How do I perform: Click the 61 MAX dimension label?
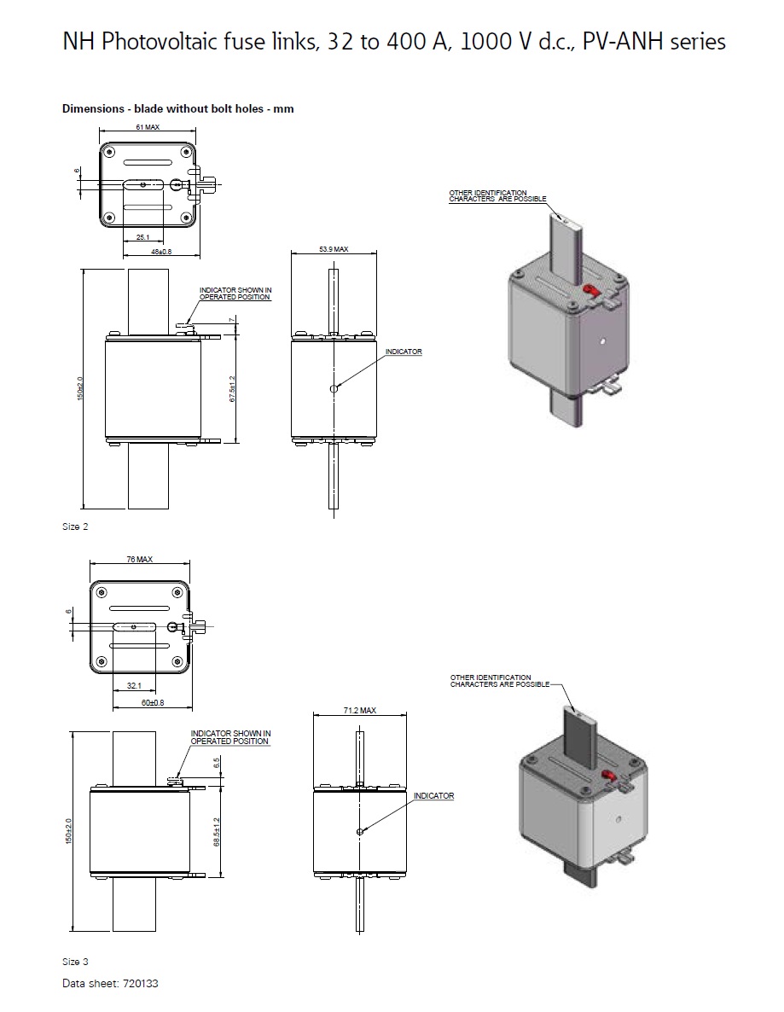click(148, 126)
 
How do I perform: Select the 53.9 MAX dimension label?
click(334, 249)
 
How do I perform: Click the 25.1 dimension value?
click(142, 238)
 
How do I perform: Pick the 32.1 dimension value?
click(135, 685)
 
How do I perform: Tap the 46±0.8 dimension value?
click(160, 252)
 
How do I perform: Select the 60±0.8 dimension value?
click(152, 702)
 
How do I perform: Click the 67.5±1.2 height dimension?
click(232, 389)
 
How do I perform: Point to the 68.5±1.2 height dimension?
click(218, 832)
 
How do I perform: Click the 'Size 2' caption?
click(75, 526)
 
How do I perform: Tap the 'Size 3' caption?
click(75, 962)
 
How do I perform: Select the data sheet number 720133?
click(140, 983)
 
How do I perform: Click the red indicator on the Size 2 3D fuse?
click(588, 292)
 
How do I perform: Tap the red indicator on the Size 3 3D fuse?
click(609, 775)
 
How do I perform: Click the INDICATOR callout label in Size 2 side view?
click(403, 352)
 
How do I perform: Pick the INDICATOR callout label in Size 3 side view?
click(433, 796)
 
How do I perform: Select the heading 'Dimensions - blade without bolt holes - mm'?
click(177, 108)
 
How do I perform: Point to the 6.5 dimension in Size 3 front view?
click(217, 762)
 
